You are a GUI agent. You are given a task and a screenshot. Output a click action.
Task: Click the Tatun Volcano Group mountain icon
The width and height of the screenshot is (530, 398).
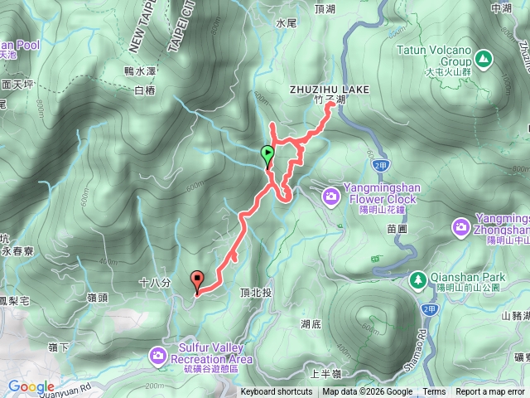pos(482,58)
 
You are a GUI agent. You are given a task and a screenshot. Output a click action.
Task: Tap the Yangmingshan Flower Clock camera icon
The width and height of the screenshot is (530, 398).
pos(330,196)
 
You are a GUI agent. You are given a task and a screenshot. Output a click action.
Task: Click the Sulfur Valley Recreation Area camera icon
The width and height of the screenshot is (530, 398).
pos(157,356)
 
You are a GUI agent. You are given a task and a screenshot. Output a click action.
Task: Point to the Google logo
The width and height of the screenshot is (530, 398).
pos(31,386)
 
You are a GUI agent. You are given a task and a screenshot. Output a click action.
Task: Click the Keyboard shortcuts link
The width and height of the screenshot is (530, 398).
pos(277,392)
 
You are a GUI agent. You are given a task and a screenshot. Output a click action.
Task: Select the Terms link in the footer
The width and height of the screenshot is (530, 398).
pos(434,392)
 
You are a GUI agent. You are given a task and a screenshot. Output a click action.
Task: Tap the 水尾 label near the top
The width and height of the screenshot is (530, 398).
pos(286,23)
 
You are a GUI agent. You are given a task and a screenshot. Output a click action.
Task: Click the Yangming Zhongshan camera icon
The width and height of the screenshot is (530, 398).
pos(460,226)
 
